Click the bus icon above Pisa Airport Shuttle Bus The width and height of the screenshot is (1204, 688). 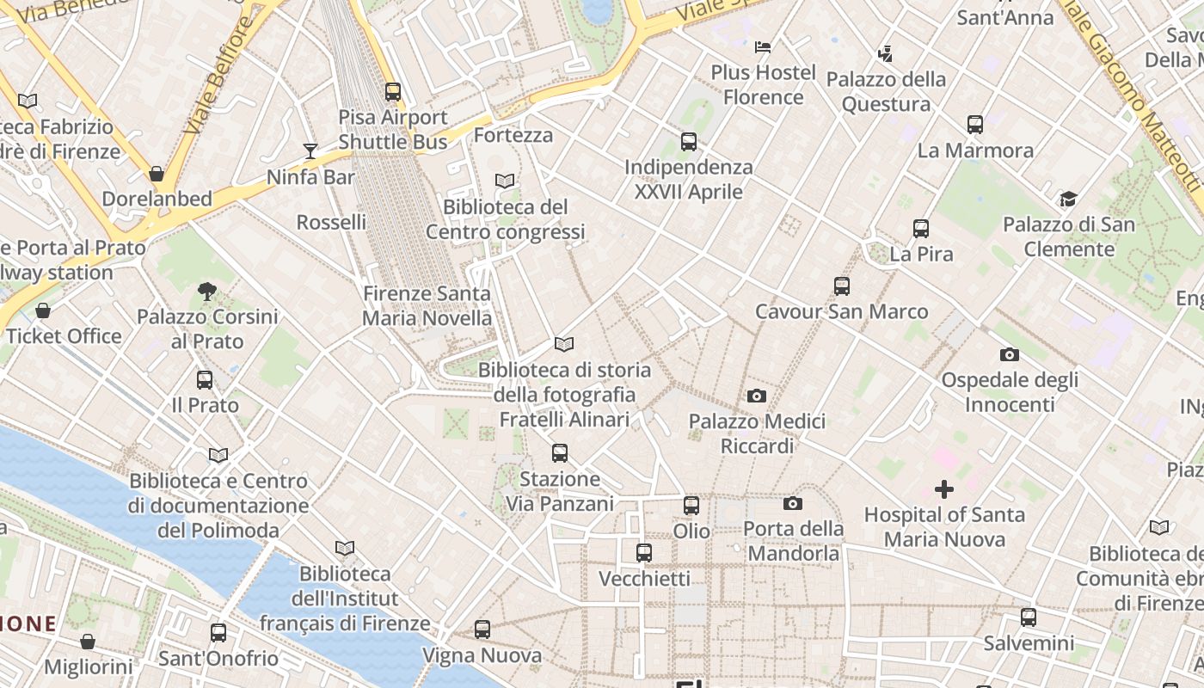coord(393,91)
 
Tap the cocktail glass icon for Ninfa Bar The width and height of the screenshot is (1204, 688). coord(310,151)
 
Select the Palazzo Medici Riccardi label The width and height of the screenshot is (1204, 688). coord(756,433)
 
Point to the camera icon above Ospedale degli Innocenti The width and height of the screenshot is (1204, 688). coord(1009,354)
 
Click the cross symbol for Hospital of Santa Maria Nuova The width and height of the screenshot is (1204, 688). coord(944,489)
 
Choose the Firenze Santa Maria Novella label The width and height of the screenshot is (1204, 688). coord(427,305)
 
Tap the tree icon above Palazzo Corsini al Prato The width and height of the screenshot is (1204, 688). coord(207,292)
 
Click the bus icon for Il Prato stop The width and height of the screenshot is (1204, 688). coord(205,379)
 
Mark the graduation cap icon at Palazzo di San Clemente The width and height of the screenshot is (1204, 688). coord(1068,200)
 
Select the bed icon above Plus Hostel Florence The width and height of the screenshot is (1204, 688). coord(763,47)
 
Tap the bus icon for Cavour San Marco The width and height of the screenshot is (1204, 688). coord(841,286)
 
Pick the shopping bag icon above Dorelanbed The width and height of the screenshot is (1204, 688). coord(157,174)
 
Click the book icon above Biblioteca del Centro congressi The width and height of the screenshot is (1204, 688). coord(505,181)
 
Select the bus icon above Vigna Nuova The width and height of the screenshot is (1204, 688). coord(482,630)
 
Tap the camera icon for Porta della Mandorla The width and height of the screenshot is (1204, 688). coord(792,503)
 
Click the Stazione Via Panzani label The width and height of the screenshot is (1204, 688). coord(560,490)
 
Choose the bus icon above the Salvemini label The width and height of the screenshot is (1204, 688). coord(1029,617)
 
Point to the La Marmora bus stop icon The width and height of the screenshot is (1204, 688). coord(974,125)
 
